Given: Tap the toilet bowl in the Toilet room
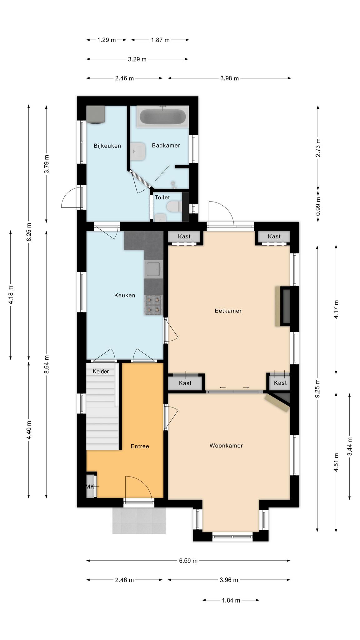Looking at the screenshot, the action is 173,207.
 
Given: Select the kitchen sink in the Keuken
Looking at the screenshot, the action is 154,269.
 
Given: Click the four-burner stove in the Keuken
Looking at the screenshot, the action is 154,305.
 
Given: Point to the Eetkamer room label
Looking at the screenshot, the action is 228,311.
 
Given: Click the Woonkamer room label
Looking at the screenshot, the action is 226,446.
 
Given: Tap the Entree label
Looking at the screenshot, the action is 140,446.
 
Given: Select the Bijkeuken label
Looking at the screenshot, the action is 107,146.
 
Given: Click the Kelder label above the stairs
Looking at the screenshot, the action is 101,371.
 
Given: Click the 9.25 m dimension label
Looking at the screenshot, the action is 318,388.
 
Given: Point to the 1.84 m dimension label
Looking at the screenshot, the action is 231,600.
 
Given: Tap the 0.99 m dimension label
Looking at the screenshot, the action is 318,206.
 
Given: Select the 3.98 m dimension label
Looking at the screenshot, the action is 230,78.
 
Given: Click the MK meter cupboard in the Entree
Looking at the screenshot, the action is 91,486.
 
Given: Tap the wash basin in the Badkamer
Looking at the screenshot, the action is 138,152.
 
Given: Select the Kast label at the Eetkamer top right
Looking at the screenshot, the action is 274,237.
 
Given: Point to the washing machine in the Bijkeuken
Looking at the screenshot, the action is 95,114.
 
